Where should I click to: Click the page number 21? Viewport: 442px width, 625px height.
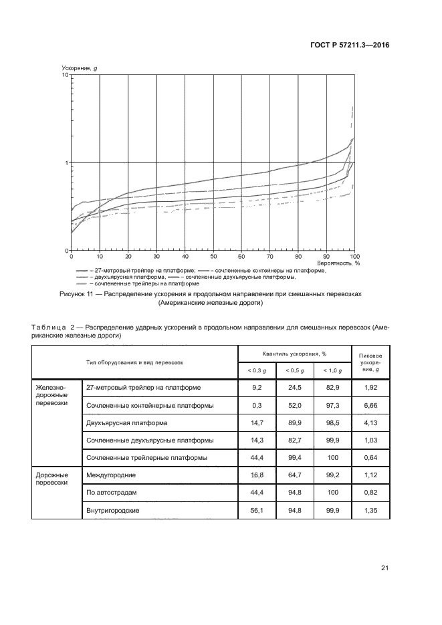[384, 568]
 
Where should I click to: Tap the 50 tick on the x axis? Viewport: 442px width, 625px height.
[213, 257]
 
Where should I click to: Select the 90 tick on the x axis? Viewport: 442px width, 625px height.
[326, 257]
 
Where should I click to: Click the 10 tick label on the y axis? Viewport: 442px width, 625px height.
[65, 75]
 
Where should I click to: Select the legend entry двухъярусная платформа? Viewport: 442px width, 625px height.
[128, 277]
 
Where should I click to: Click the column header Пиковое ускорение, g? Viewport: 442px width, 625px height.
[370, 362]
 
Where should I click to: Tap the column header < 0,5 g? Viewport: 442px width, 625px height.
[296, 370]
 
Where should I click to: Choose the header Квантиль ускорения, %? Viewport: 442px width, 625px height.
[295, 353]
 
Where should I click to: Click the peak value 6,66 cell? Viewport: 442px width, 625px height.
[370, 406]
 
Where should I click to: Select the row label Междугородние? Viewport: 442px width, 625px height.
[112, 475]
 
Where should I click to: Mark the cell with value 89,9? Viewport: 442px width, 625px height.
[295, 423]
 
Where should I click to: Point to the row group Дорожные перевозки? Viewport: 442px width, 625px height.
[49, 479]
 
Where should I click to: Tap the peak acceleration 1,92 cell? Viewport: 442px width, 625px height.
[370, 388]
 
